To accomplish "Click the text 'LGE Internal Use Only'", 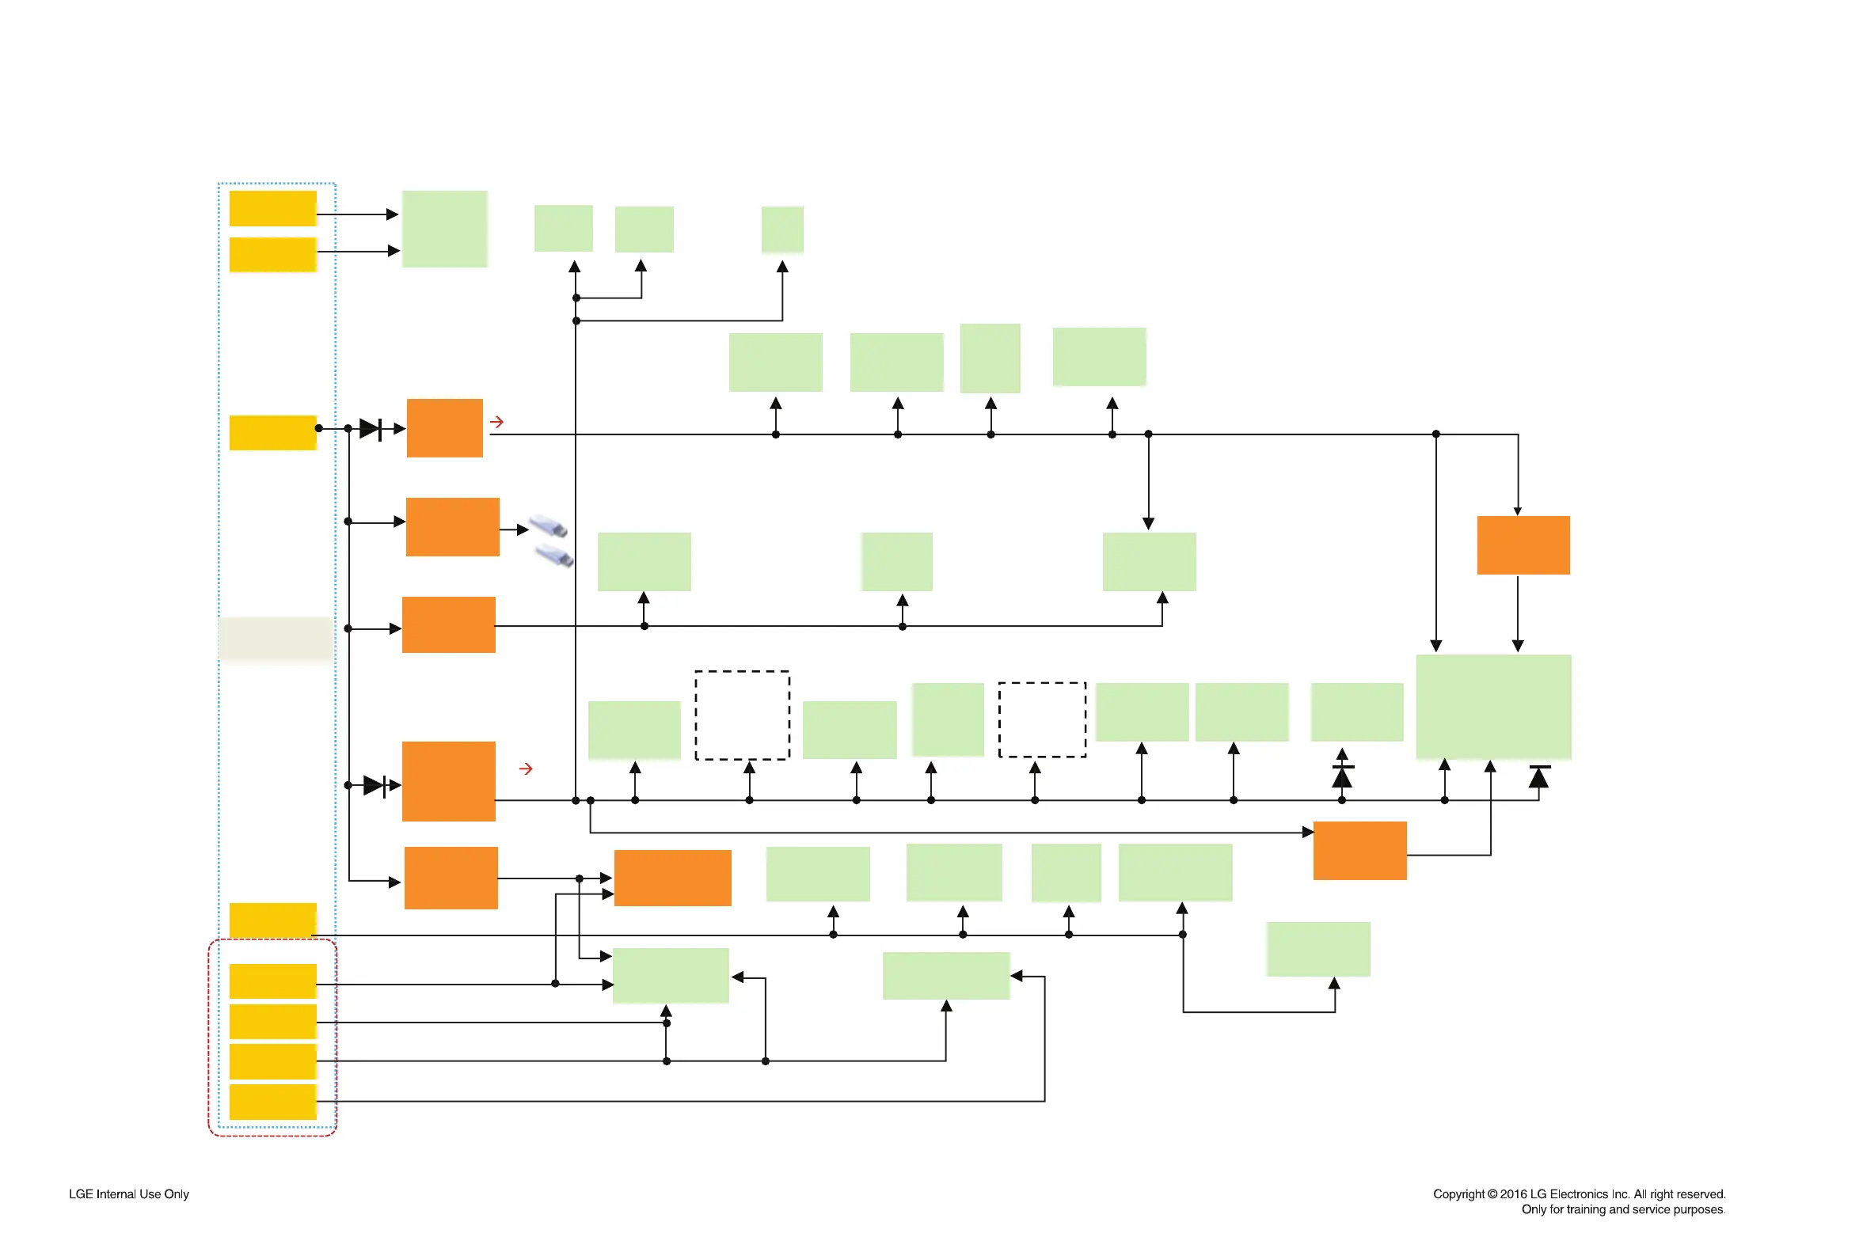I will point(128,1193).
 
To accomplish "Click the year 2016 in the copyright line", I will point(1513,1193).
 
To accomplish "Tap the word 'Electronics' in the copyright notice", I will point(1578,1193).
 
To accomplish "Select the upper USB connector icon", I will point(548,526).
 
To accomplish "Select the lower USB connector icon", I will point(553,555).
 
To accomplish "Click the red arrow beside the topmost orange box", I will point(496,421).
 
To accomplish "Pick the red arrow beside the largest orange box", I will point(526,768).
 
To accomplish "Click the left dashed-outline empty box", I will point(742,715).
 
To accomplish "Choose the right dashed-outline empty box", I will point(1042,719).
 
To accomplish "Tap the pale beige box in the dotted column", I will point(275,639).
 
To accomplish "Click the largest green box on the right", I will point(1492,706).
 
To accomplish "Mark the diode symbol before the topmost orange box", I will point(371,428).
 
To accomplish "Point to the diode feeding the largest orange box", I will point(375,785).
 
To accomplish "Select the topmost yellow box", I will point(272,208).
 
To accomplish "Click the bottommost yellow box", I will point(272,1102).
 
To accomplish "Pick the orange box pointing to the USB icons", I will point(452,526).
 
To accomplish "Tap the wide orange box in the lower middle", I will point(672,877).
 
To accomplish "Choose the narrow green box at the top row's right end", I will point(782,230).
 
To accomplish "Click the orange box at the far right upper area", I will point(1523,545).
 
